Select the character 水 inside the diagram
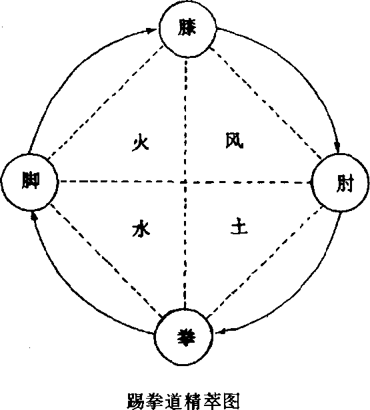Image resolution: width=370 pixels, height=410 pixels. (141, 228)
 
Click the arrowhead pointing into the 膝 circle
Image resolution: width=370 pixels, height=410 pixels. (151, 31)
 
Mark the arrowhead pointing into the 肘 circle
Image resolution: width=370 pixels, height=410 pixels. (338, 147)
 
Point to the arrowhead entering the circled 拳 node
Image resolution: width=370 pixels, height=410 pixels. (221, 331)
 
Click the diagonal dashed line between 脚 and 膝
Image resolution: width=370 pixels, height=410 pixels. (106, 102)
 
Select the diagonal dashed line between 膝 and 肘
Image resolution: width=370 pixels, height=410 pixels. (265, 102)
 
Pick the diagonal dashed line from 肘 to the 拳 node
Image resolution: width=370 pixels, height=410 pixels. (265, 262)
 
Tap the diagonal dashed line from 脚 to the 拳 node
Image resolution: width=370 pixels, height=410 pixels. (106, 260)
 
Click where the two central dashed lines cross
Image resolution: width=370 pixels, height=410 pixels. (185, 182)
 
